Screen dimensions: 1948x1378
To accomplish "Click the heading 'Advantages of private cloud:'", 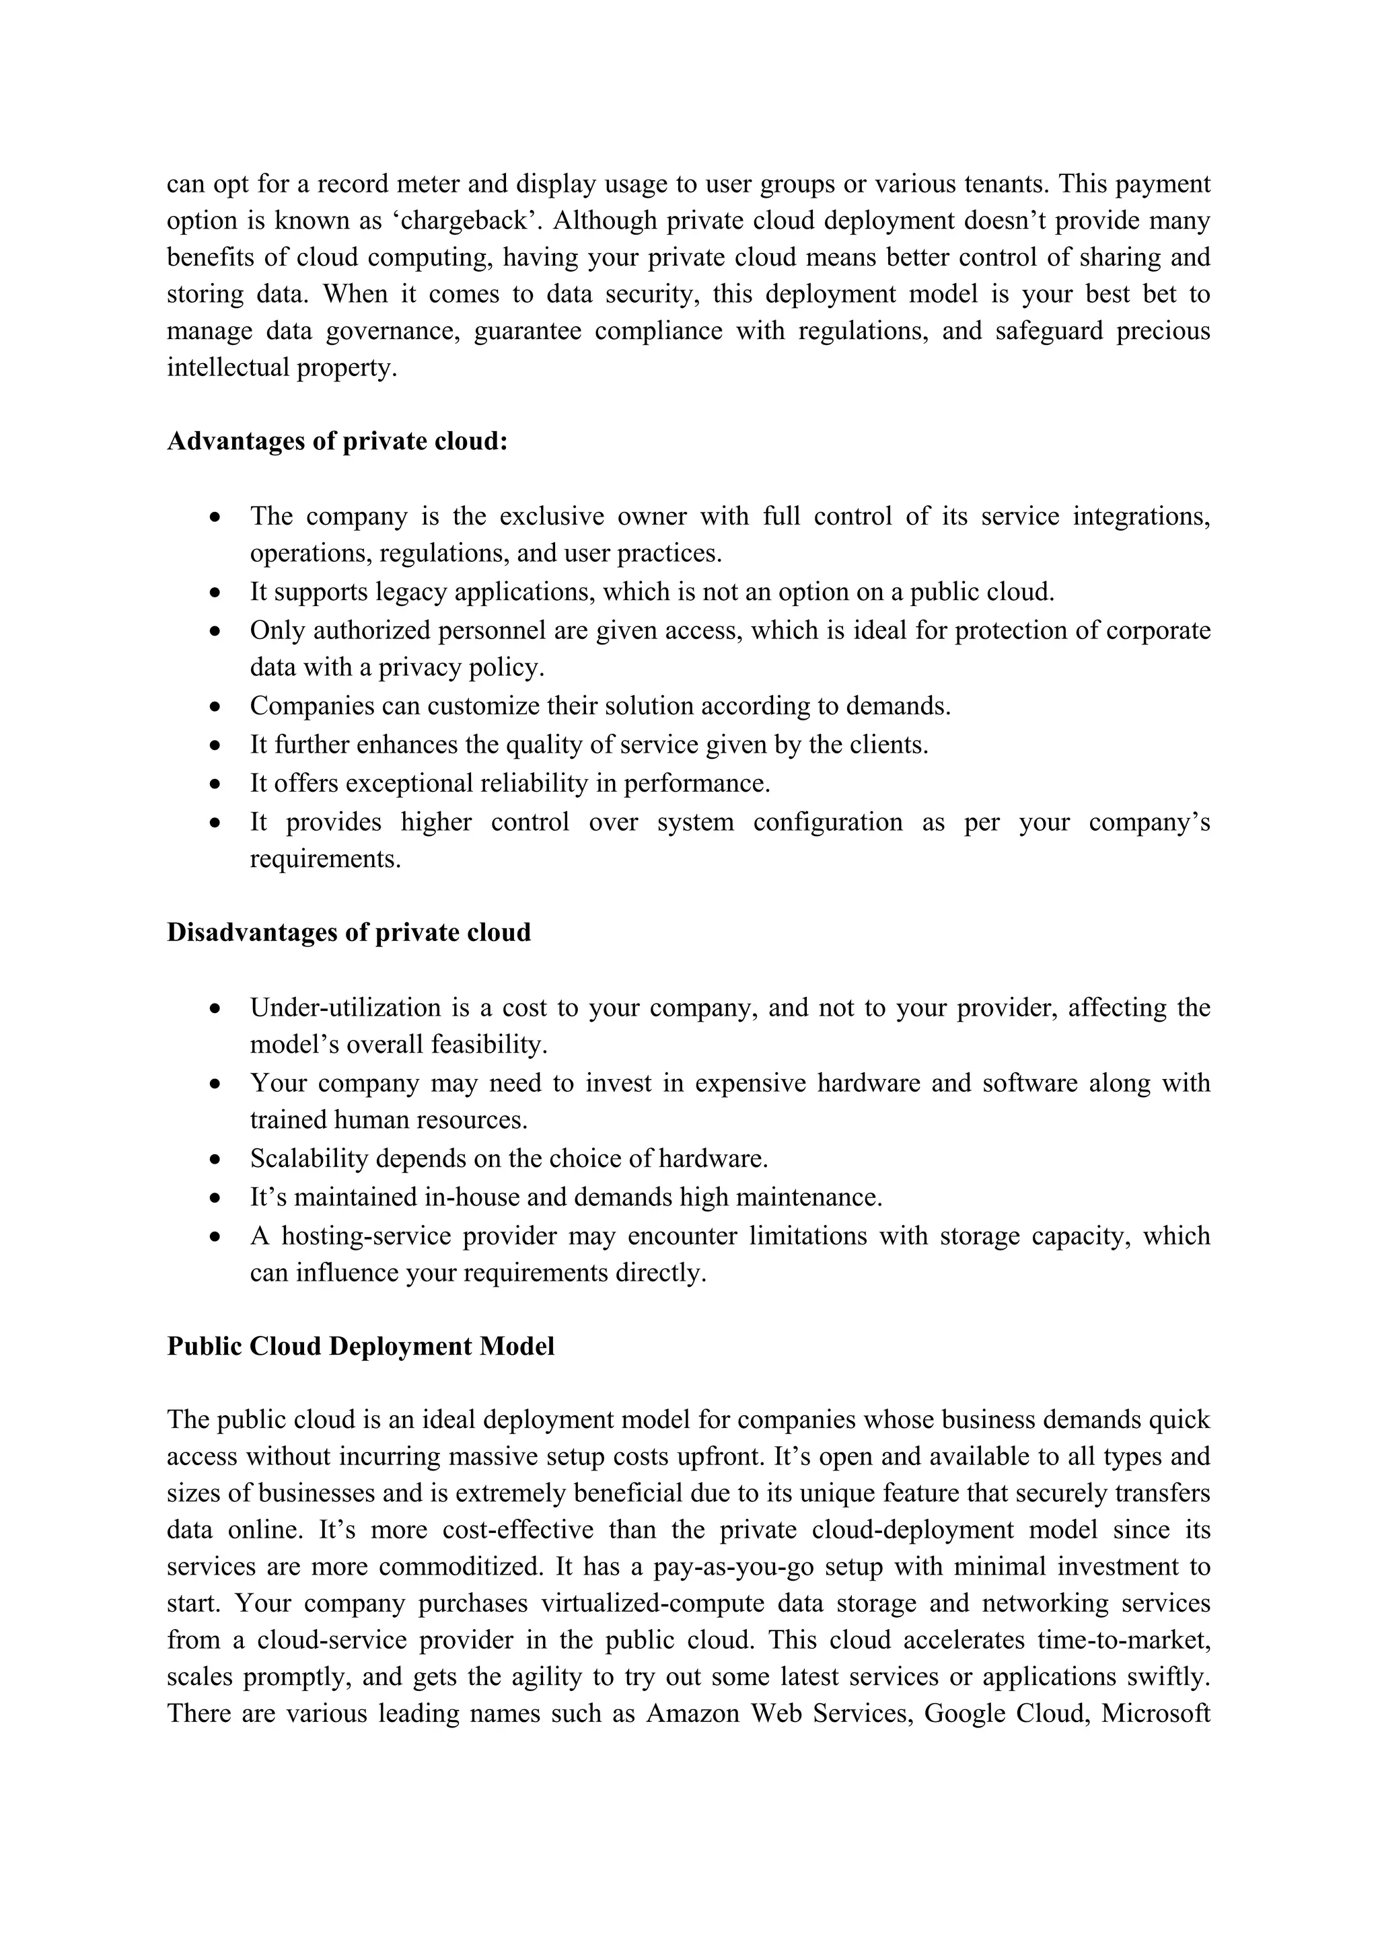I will click(x=337, y=441).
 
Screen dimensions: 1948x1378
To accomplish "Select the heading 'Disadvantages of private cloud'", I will click(x=349, y=932).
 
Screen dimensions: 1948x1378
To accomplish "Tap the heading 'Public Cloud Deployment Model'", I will click(x=361, y=1347).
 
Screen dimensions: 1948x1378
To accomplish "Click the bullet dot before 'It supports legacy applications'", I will click(x=217, y=592).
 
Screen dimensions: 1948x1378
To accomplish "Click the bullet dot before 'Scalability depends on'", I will click(x=217, y=1159).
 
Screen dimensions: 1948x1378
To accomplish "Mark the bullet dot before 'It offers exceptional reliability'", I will click(x=217, y=783).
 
